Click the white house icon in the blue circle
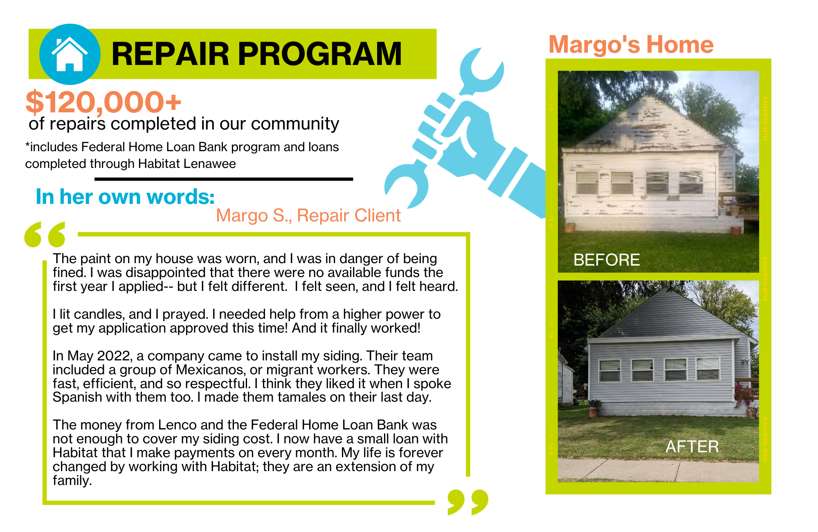pyautogui.click(x=70, y=54)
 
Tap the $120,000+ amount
pyautogui.click(x=103, y=102)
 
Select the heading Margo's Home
pyautogui.click(x=631, y=44)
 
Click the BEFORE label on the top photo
pyautogui.click(x=607, y=260)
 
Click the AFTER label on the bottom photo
pyautogui.click(x=692, y=447)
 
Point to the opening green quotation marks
pyautogui.click(x=45, y=235)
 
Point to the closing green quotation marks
pyautogui.click(x=468, y=502)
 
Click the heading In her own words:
pyautogui.click(x=125, y=197)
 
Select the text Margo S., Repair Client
pyautogui.click(x=308, y=215)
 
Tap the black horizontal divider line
pyautogui.click(x=224, y=179)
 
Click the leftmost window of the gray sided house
pyautogui.click(x=609, y=370)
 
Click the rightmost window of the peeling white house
pyautogui.click(x=691, y=183)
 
